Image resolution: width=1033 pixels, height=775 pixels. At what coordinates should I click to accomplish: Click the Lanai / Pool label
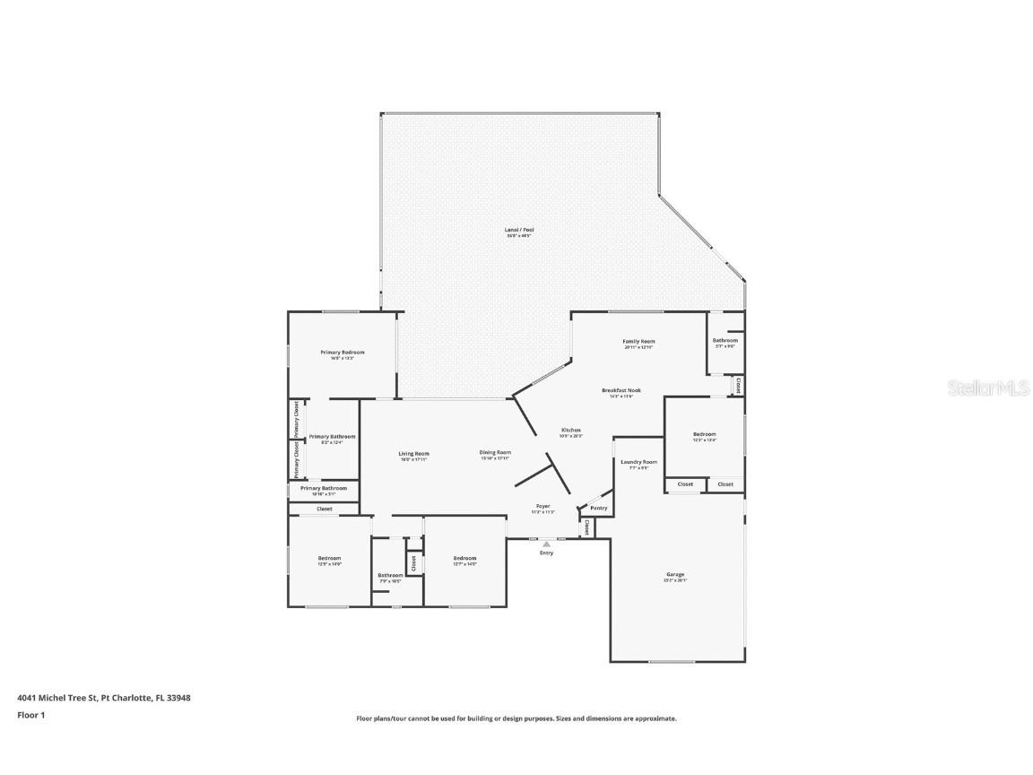click(519, 230)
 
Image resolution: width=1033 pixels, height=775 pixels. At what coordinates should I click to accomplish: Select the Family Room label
click(638, 342)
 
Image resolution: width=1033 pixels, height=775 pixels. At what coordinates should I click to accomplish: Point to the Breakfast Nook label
click(621, 390)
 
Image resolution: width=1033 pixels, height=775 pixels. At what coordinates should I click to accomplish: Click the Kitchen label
click(571, 431)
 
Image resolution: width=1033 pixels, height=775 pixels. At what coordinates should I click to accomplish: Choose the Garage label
click(674, 574)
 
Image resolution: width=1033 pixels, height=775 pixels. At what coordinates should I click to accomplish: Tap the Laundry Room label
click(638, 462)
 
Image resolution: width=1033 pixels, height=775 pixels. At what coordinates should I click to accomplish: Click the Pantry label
click(598, 508)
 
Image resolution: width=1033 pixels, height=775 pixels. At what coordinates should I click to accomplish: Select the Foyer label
click(543, 506)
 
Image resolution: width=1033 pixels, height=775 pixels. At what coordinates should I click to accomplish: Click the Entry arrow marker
click(546, 544)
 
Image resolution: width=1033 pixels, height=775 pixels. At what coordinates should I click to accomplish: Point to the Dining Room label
click(494, 452)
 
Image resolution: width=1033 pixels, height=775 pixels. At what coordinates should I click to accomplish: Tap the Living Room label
click(413, 454)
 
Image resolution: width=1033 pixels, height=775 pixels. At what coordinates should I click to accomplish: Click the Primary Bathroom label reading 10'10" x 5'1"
click(322, 488)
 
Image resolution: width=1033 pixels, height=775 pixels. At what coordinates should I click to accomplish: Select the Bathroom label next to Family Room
click(725, 341)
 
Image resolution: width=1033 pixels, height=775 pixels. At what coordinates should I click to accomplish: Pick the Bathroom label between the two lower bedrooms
click(389, 575)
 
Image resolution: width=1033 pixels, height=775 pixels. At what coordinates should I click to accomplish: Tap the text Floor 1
click(30, 715)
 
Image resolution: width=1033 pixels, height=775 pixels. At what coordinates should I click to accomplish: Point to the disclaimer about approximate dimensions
click(516, 718)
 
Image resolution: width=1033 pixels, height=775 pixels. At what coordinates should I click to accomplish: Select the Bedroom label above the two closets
click(704, 434)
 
